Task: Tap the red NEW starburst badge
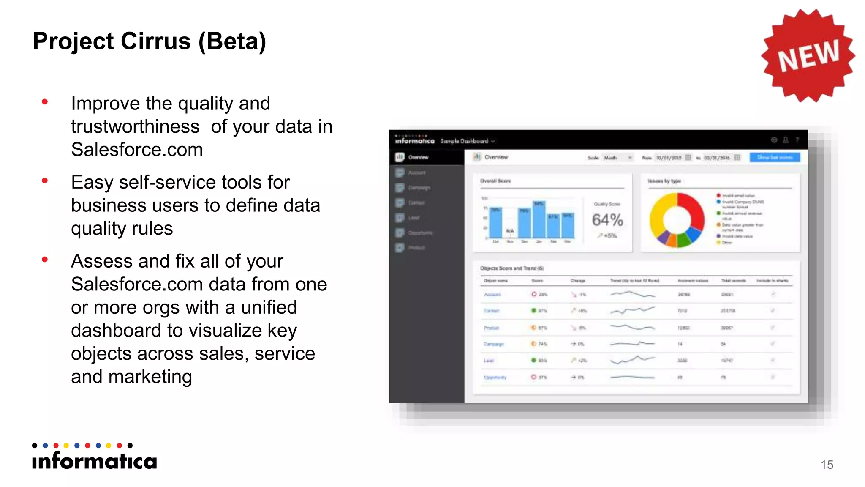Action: point(808,55)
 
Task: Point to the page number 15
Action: point(827,465)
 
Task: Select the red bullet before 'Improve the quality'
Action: point(45,102)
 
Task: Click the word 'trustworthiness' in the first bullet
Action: point(135,126)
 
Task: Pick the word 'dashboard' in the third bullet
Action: point(110,307)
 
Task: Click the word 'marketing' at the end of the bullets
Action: point(150,377)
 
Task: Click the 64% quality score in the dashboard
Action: point(607,220)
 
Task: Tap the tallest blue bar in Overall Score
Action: point(539,219)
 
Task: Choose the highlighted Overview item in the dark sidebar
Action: point(418,157)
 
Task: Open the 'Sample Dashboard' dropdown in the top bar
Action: point(467,141)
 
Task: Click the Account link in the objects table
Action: point(492,294)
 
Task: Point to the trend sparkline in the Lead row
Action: point(632,360)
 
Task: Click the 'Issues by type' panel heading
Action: point(664,181)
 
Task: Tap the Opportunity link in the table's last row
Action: point(495,377)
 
